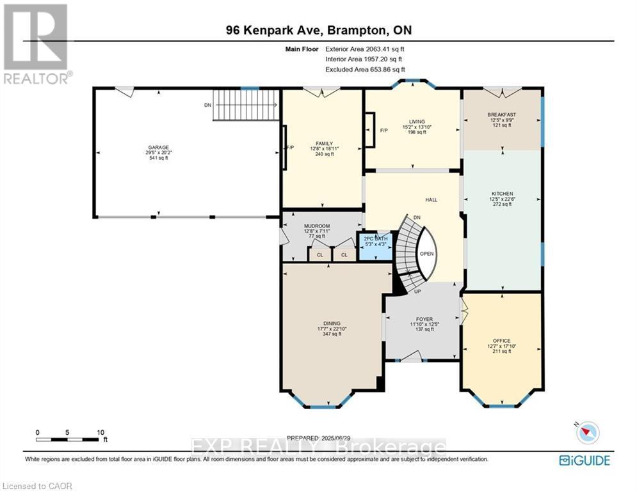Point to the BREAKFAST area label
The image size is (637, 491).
pos(502,115)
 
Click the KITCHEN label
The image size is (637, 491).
pos(502,194)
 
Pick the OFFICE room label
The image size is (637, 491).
pos(501,341)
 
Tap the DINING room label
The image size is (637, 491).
pos(332,323)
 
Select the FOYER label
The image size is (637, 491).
pos(424,319)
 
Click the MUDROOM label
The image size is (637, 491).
pos(316,226)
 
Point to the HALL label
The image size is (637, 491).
pos(431,200)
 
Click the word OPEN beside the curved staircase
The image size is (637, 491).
pos(427,253)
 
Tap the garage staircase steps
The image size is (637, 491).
pos(246,105)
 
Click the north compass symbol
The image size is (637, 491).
pos(587,433)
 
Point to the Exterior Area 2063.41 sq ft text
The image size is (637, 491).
pos(365,49)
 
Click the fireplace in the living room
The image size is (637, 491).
pos(370,130)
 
